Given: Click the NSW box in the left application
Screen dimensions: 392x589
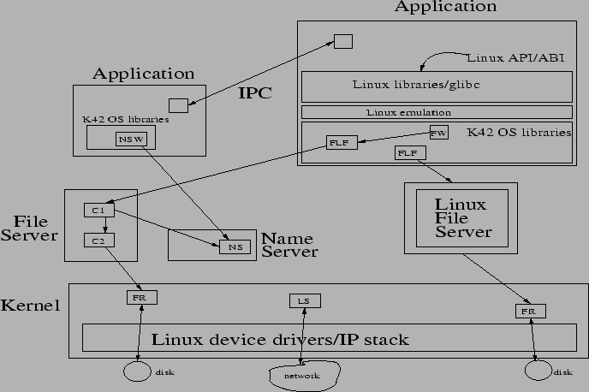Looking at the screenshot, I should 131,140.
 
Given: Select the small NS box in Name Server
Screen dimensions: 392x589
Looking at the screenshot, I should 233,247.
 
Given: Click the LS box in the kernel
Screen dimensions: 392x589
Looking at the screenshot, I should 302,300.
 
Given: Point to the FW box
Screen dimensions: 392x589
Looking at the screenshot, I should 438,133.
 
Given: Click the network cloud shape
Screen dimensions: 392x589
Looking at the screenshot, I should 302,375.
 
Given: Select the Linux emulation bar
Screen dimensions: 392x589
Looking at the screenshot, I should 437,112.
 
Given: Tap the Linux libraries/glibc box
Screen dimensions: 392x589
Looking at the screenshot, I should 437,86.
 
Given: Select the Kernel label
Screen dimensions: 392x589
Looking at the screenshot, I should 31,306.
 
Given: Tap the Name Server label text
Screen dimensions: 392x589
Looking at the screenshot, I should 289,245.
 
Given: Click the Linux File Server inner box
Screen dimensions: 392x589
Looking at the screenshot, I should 461,217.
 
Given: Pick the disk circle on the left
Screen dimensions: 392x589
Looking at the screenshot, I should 137,371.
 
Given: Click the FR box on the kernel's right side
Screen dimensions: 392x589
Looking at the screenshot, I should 526,312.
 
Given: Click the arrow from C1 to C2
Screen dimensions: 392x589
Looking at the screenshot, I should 104,225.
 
